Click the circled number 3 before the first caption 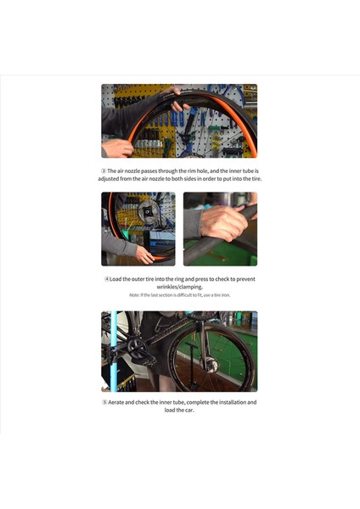tap(104, 171)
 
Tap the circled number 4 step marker tap(106, 279)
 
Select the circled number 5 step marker tap(104, 402)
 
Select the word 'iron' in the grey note tap(223, 295)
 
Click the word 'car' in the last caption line tap(187, 410)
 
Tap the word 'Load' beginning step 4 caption tap(117, 279)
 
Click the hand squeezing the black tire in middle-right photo tap(224, 222)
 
